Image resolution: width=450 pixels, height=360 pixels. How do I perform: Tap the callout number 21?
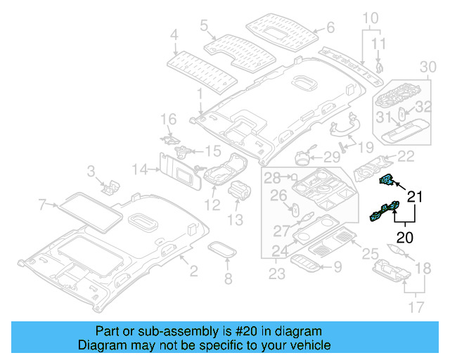pyautogui.click(x=416, y=198)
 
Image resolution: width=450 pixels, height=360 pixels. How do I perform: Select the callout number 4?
pyautogui.click(x=174, y=33)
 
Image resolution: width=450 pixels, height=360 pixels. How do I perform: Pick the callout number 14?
pyautogui.click(x=140, y=169)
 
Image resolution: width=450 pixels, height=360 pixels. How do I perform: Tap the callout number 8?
pyautogui.click(x=227, y=280)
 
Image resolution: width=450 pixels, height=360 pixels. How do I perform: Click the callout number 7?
pyautogui.click(x=42, y=205)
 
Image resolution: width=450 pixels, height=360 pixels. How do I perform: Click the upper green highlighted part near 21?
pyautogui.click(x=385, y=181)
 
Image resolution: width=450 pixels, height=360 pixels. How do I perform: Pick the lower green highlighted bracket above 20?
pyautogui.click(x=385, y=213)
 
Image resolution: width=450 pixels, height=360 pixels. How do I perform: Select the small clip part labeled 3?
pyautogui.click(x=110, y=186)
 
